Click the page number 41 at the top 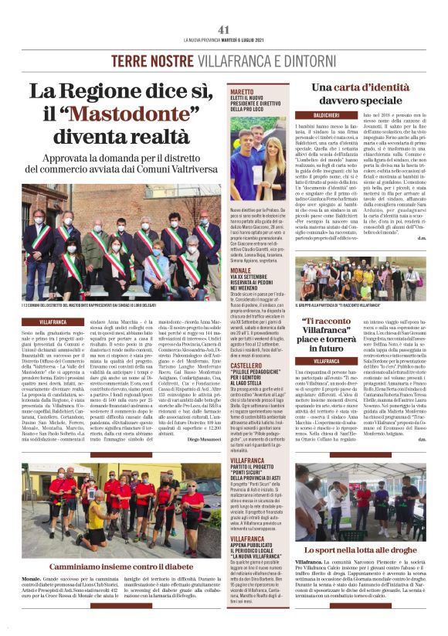[x=224, y=29]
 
